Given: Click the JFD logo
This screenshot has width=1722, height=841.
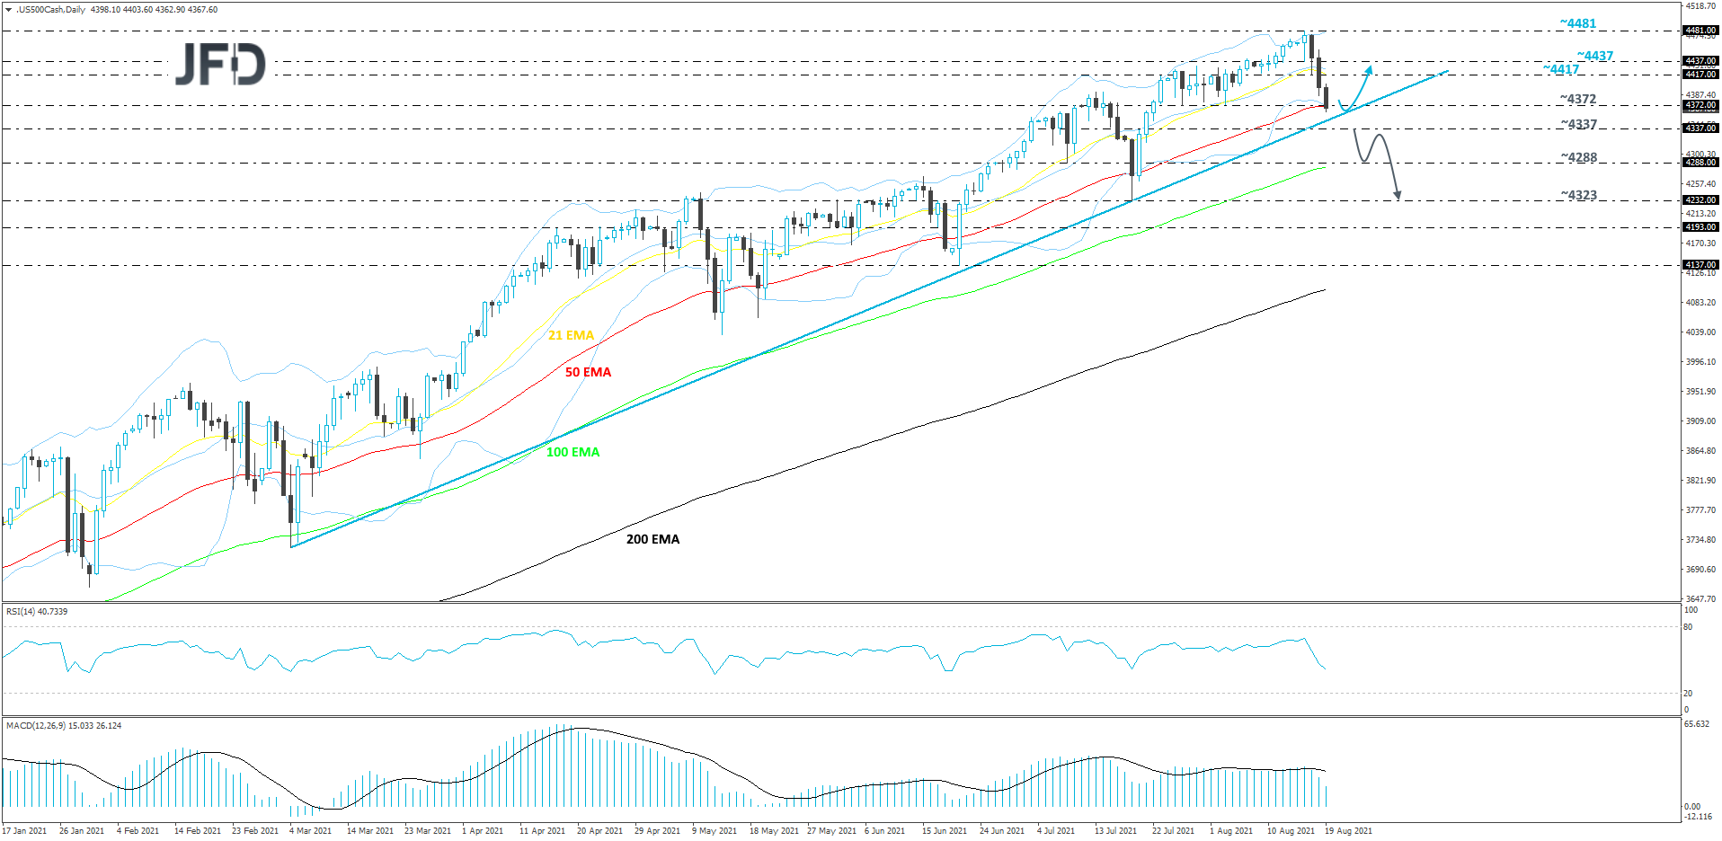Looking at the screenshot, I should (220, 64).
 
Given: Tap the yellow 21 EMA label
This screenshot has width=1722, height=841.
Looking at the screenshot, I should (571, 335).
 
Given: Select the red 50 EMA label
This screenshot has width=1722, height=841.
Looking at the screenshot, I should (588, 372).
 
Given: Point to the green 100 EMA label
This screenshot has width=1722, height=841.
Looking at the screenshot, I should (573, 452).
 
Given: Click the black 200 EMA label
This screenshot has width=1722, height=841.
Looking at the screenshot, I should (652, 539).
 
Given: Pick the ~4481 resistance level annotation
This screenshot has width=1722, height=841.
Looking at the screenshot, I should (1577, 23).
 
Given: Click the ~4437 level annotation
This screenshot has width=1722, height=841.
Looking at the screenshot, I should (1594, 56).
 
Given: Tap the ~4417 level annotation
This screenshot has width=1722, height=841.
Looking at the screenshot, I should (1561, 69).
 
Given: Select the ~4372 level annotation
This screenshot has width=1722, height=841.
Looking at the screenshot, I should (1577, 99).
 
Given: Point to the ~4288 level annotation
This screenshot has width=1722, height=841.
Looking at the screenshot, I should (1578, 157).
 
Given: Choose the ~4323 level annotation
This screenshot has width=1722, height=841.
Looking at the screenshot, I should (1578, 195).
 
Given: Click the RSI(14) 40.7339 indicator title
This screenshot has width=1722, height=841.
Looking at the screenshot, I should (37, 611).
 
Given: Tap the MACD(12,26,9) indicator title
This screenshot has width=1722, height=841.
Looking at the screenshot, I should (64, 725).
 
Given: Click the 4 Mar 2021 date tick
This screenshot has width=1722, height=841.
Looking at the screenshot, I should (310, 831).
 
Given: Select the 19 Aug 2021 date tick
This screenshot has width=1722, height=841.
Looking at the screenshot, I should (1348, 831).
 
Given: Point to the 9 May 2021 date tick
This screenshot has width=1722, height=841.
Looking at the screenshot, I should (714, 831).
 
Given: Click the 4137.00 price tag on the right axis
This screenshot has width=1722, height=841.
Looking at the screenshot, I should (1700, 265).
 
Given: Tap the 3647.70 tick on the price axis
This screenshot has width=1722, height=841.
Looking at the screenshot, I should (1700, 598).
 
